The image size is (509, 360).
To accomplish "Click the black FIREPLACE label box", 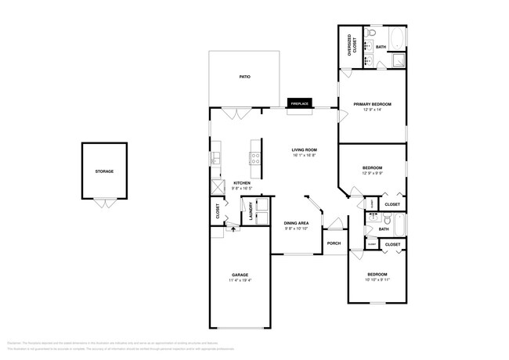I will tap(299, 103).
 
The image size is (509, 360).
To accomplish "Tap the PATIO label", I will tap(244, 77).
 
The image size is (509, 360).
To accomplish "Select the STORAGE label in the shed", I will tap(104, 171).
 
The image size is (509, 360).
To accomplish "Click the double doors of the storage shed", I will tap(104, 203).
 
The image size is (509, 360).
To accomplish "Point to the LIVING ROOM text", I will tap(304, 150).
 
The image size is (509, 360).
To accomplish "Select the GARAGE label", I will tap(240, 275).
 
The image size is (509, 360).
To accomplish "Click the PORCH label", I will tap(334, 243).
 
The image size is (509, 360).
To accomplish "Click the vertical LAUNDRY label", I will tap(252, 214).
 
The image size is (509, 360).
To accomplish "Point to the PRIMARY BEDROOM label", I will tap(372, 104).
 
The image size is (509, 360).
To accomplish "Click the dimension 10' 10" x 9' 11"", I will tap(377, 279).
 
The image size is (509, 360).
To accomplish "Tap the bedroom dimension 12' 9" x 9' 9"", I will tap(372, 173).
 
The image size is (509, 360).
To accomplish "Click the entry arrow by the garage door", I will tap(232, 232).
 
